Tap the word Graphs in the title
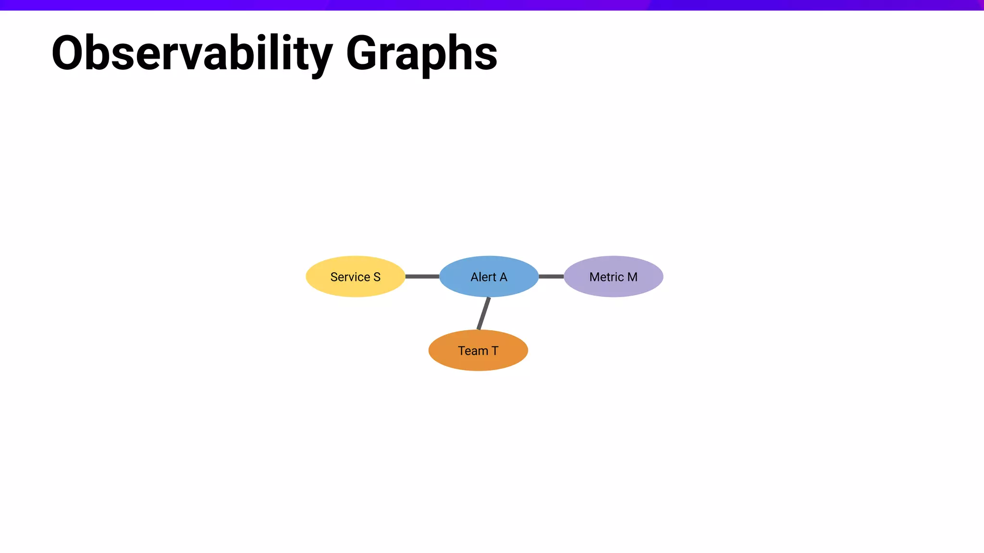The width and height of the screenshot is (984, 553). tap(421, 54)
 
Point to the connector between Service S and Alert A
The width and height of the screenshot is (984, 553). tap(422, 276)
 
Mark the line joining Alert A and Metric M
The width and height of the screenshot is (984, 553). tap(551, 276)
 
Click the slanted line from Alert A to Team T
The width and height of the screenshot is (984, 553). tap(484, 313)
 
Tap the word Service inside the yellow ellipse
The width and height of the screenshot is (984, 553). tap(350, 277)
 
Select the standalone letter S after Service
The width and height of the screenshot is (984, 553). tap(377, 277)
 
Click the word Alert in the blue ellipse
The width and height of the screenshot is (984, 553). tap(483, 277)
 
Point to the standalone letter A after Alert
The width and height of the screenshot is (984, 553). tap(503, 277)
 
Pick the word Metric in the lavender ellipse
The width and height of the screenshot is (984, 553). tap(606, 277)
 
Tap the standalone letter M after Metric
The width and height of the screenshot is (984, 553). tap(632, 277)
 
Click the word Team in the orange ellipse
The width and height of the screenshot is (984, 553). tap(473, 351)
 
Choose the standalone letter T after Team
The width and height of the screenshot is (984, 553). tap(495, 351)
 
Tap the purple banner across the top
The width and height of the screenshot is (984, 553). tap(492, 5)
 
